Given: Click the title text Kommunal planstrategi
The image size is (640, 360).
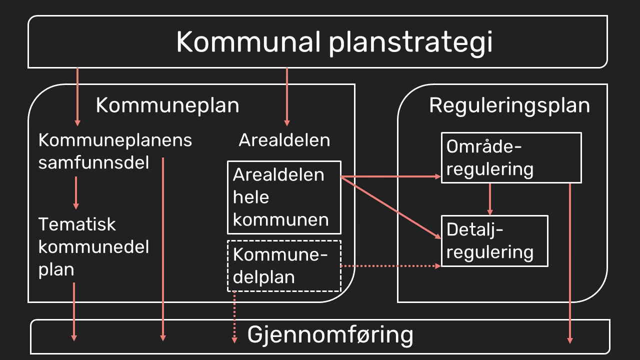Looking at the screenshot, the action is (334, 43).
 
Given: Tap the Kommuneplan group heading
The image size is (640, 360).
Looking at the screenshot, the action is (167, 105).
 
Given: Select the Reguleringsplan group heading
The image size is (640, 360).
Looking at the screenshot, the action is (509, 105).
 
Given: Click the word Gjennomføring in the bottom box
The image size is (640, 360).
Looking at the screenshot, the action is (330, 335).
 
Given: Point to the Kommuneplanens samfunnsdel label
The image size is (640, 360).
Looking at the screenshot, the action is (115, 151).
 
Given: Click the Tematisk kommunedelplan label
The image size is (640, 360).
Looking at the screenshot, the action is (93, 247).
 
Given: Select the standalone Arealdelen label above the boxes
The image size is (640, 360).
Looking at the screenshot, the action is (284, 140).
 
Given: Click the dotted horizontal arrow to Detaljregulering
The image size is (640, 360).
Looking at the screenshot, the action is (391, 266).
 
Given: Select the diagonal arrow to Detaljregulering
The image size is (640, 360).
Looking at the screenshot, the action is (391, 207).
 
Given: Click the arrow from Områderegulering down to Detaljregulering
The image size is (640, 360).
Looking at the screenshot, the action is (490, 199).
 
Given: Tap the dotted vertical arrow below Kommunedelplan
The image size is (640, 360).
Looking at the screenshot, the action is (234, 317).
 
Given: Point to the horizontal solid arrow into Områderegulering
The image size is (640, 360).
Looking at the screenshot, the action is (391, 177).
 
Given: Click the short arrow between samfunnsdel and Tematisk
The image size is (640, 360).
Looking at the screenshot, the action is (76, 193).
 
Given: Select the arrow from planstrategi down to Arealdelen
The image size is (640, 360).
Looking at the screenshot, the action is (287, 97).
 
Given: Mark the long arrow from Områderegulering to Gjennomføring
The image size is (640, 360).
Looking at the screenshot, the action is (570, 263).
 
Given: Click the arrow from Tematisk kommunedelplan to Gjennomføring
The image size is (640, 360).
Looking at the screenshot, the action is (74, 311).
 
